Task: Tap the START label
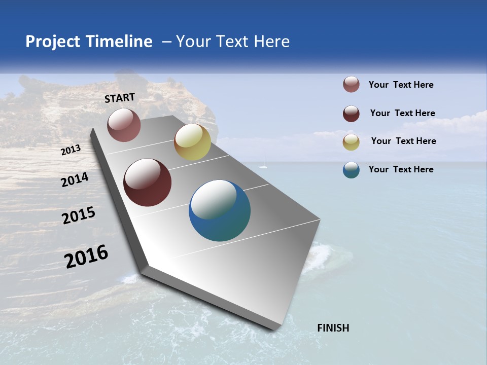(120, 98)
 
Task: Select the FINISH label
(333, 328)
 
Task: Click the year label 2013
(71, 150)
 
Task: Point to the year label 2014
(75, 180)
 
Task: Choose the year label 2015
(79, 215)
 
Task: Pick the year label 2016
(87, 256)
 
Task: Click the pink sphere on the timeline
(124, 125)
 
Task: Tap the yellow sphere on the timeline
(192, 142)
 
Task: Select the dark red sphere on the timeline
(147, 182)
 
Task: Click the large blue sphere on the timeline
(220, 210)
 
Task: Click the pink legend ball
(351, 85)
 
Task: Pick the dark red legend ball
(351, 114)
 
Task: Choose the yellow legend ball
(351, 142)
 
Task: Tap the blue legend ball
(351, 170)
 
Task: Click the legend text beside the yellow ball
(403, 141)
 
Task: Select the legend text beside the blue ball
(401, 169)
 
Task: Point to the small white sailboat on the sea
(263, 165)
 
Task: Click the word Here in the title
(271, 42)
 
